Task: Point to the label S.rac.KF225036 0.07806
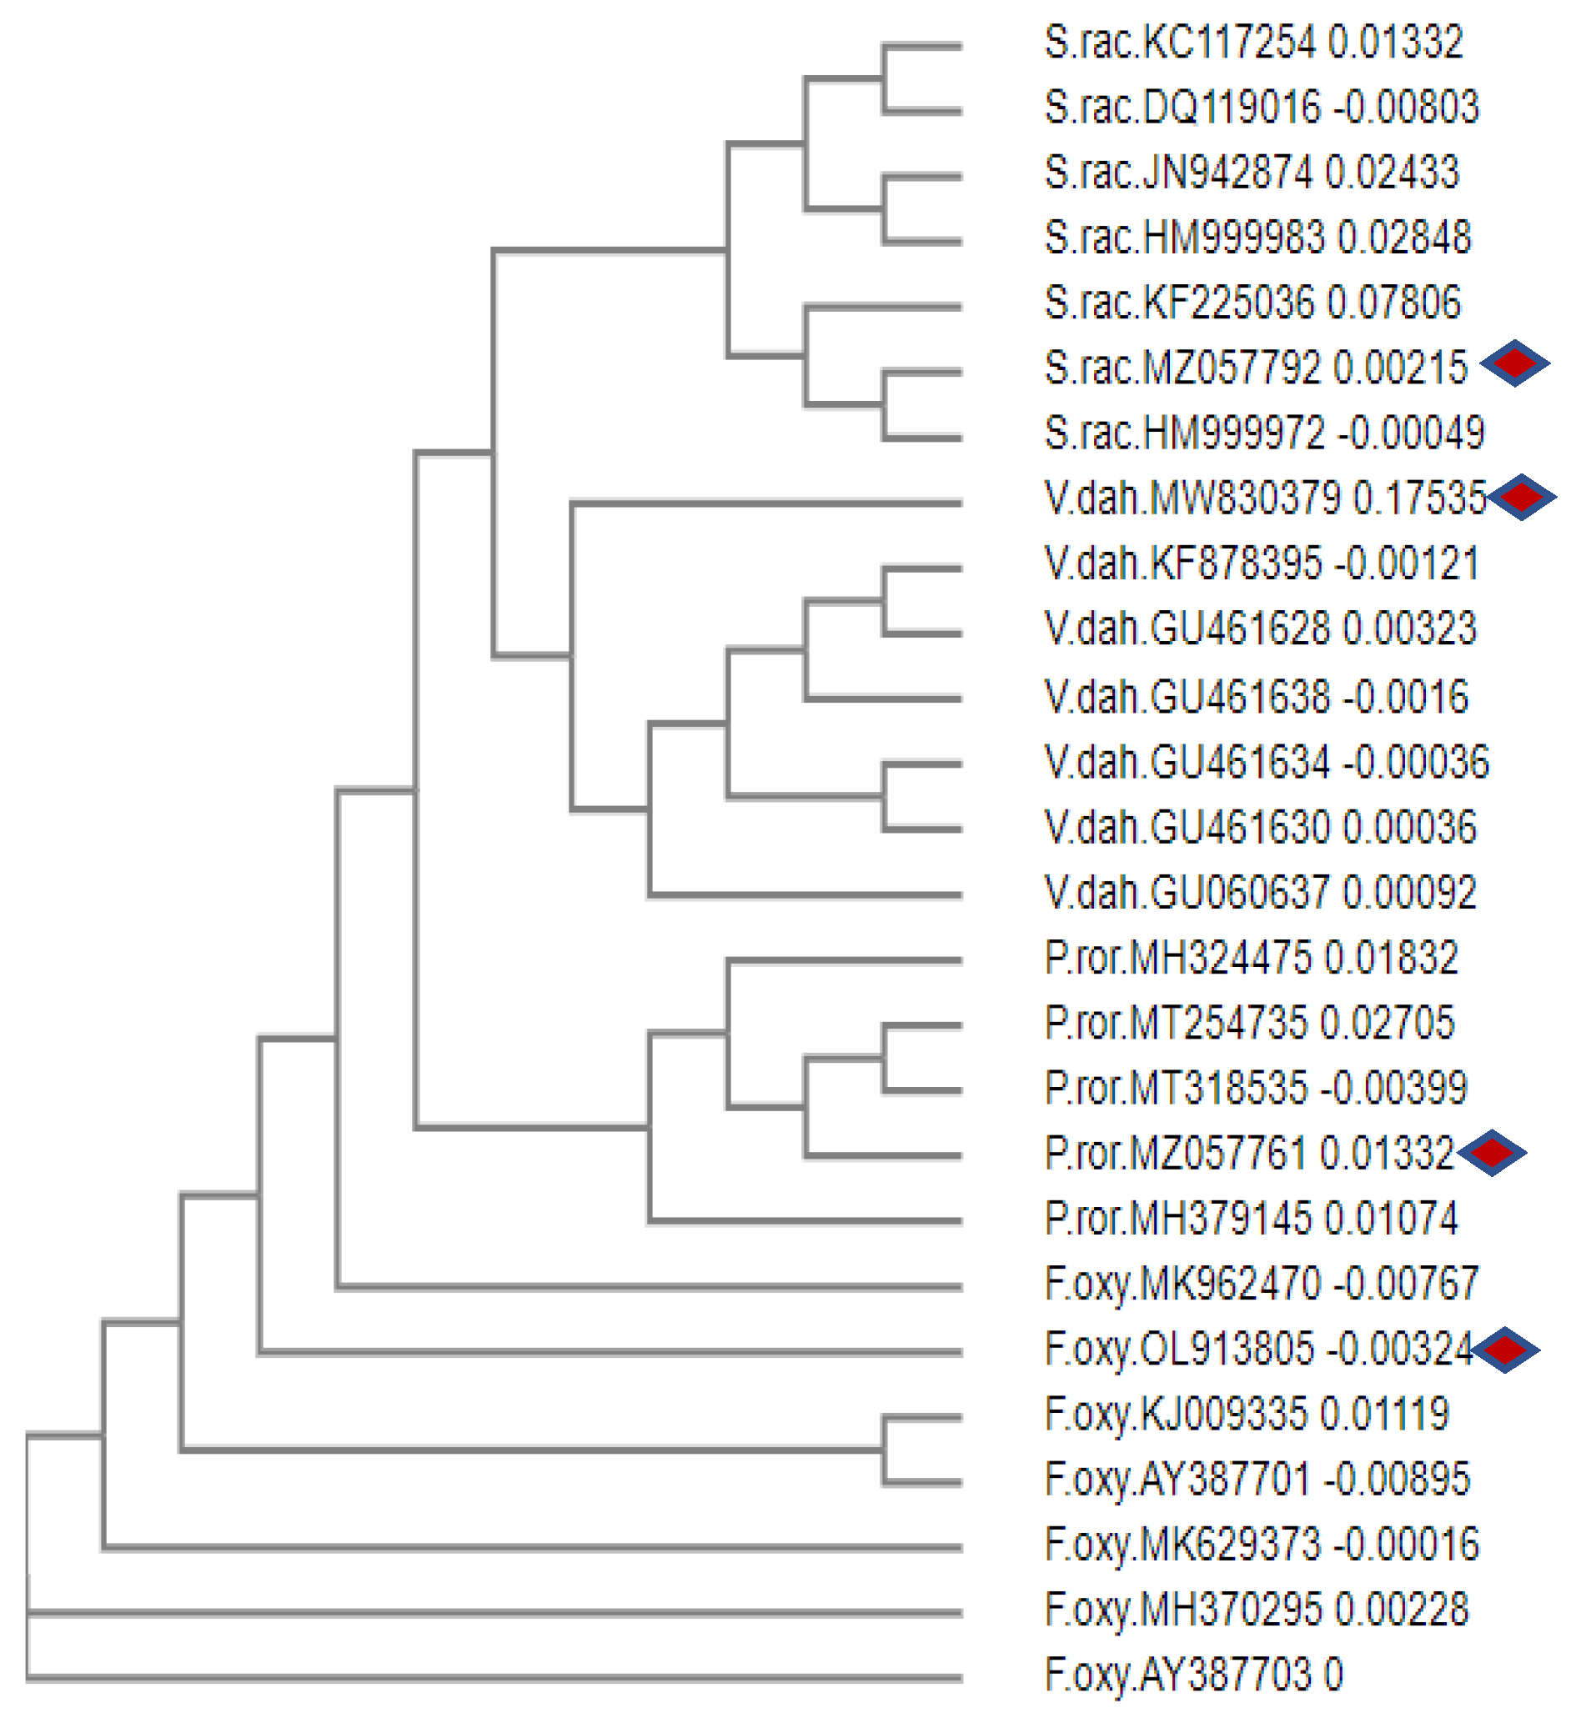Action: tap(1252, 303)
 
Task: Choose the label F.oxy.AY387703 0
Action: tap(1193, 1674)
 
